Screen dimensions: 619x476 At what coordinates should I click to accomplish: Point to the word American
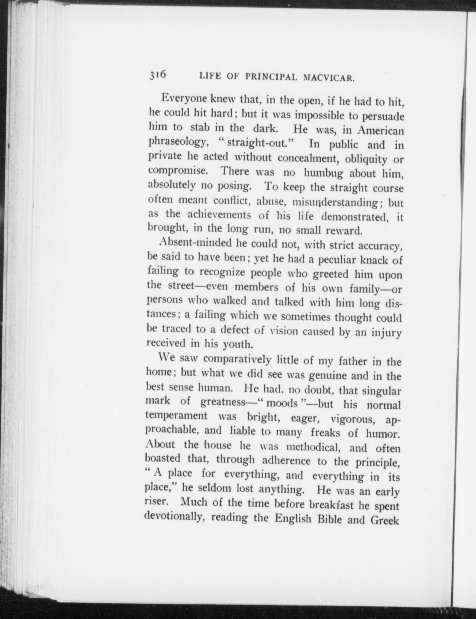[381, 131]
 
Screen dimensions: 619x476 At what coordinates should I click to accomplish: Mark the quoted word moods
[282, 403]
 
